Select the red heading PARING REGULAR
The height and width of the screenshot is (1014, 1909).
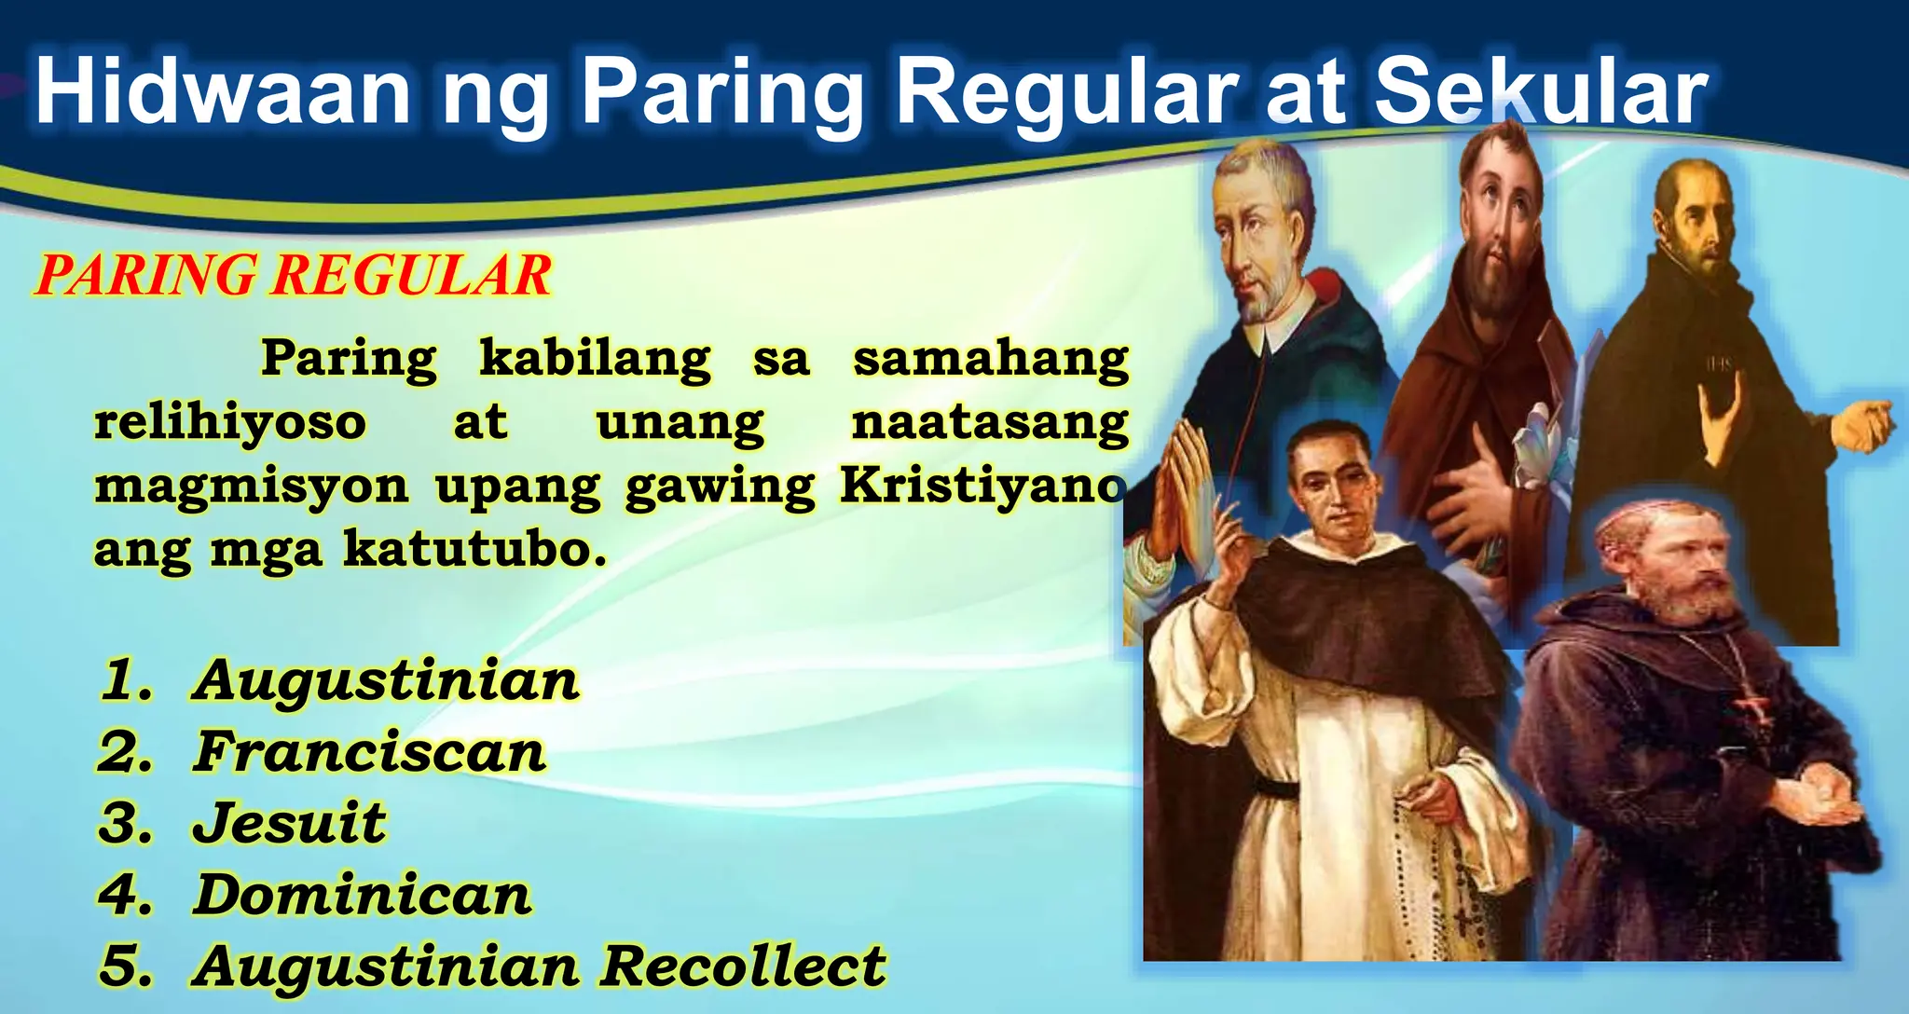(x=294, y=276)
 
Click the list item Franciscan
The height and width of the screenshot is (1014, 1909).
(x=369, y=752)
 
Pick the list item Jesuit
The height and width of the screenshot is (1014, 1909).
(x=289, y=823)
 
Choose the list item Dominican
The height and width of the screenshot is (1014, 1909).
(x=362, y=895)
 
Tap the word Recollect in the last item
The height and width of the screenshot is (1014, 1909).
(x=742, y=966)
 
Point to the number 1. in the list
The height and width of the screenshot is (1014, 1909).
(x=125, y=680)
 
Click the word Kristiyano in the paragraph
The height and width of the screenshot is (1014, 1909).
(x=982, y=486)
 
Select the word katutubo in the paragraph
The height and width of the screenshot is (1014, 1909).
(x=474, y=549)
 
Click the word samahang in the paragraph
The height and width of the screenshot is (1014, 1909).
(x=990, y=359)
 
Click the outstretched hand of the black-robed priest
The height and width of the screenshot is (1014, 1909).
(x=1864, y=425)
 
